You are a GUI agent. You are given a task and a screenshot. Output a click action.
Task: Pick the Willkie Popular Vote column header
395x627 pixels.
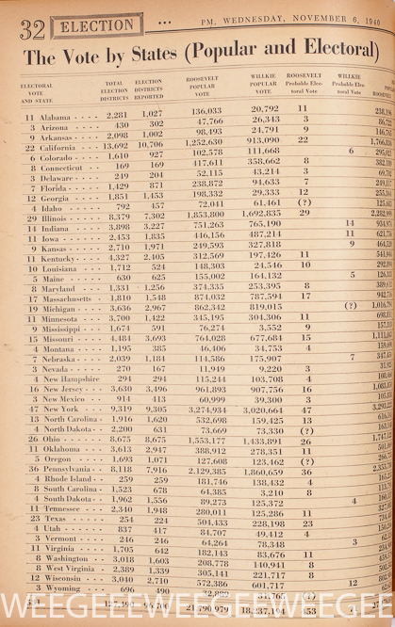point(266,89)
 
